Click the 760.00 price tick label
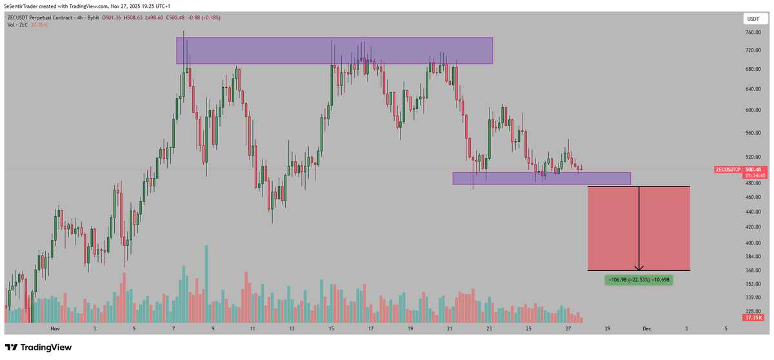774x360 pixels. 750,32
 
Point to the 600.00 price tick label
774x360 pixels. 750,110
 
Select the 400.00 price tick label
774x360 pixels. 750,243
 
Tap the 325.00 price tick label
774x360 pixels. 750,310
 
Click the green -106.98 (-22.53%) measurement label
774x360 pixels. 639,279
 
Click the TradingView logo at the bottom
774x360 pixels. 38,347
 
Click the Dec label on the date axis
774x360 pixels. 646,328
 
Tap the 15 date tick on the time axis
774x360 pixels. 331,328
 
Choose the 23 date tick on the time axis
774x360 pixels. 489,328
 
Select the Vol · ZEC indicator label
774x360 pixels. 17,24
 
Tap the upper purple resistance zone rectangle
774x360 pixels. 334,50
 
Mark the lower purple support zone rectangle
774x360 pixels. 541,178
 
